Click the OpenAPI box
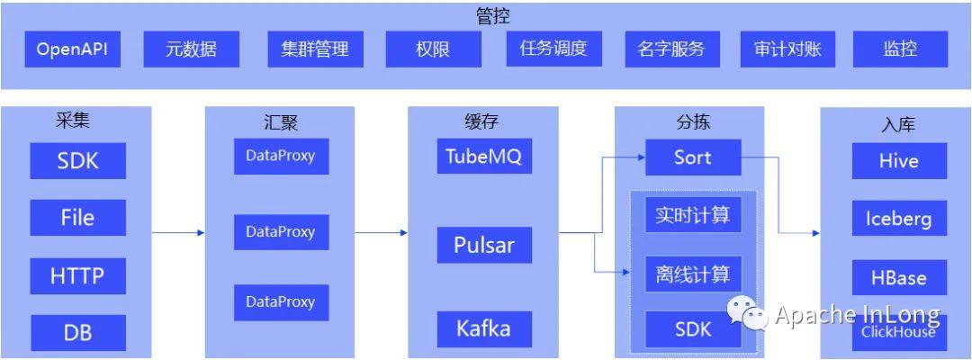click(72, 49)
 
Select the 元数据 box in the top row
click(191, 49)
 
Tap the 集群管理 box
click(309, 49)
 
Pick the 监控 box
click(900, 49)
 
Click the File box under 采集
click(77, 217)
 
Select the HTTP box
click(77, 276)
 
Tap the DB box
click(77, 333)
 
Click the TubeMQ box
click(484, 157)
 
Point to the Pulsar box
click(484, 245)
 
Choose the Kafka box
click(484, 328)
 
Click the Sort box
click(693, 157)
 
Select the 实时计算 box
click(693, 217)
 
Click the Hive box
click(899, 161)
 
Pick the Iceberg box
click(899, 219)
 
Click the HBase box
click(899, 277)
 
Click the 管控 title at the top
click(492, 15)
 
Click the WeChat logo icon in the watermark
click(747, 313)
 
